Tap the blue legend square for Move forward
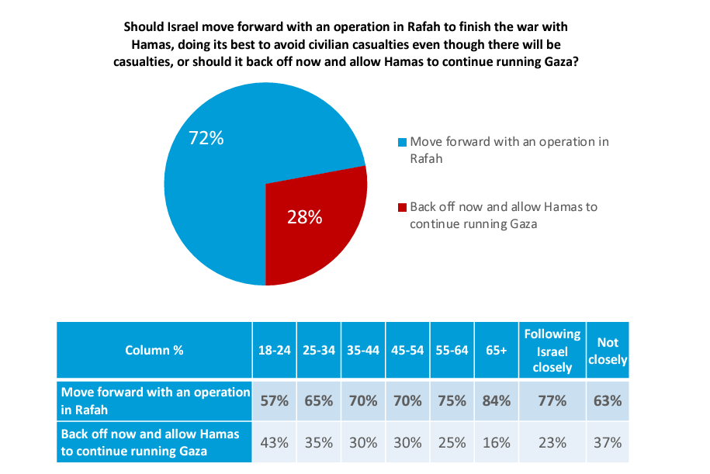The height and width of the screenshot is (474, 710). tap(402, 143)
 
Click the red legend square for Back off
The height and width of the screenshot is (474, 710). tap(402, 208)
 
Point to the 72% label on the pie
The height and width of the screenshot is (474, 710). tap(206, 138)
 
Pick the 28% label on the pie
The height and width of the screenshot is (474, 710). tap(304, 217)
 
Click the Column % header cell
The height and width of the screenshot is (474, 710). tap(154, 350)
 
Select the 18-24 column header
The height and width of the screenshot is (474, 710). tap(274, 350)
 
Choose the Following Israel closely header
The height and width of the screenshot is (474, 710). tap(552, 350)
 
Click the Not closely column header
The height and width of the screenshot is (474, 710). tap(608, 350)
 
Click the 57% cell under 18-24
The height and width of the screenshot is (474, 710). tap(274, 401)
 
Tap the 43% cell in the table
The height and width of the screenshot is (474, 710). tap(274, 442)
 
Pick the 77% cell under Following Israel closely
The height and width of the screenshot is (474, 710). tap(552, 401)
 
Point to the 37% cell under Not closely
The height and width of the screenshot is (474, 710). tap(608, 442)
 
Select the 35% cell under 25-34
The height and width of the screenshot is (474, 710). tap(318, 442)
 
